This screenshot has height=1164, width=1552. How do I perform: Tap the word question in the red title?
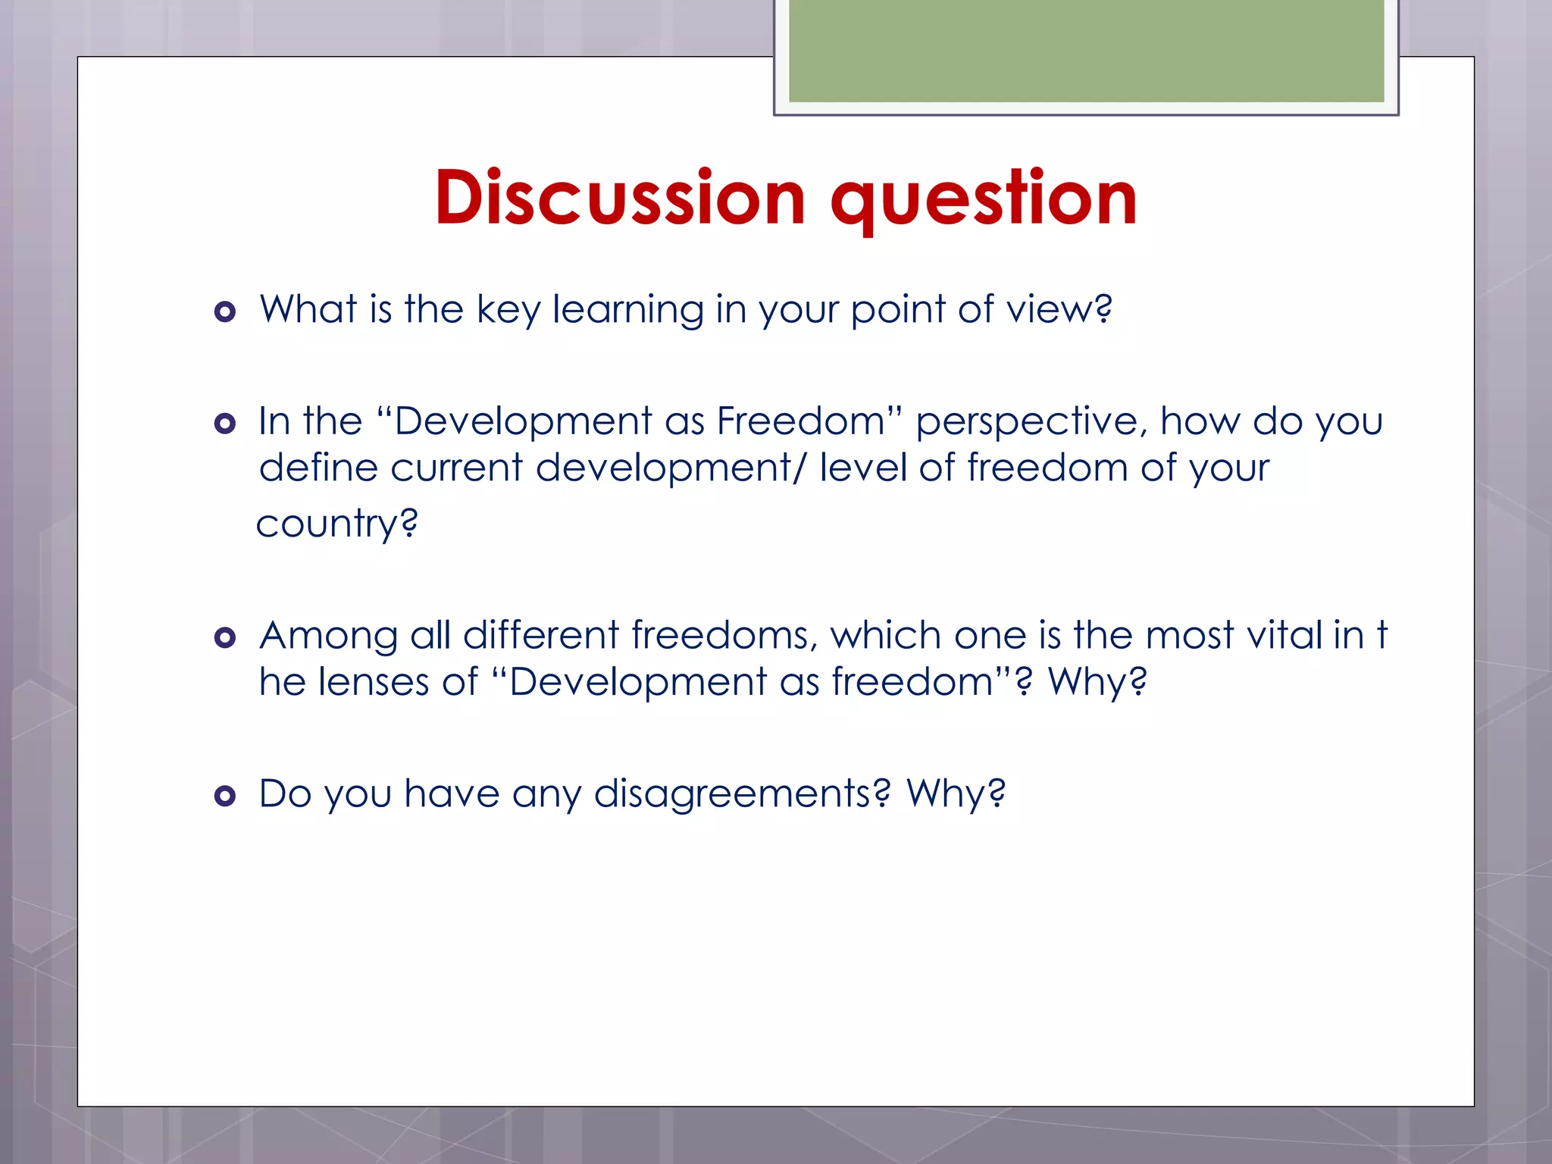(984, 199)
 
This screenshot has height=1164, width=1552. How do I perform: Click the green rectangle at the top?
(1086, 50)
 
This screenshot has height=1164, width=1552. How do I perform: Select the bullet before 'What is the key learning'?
(225, 311)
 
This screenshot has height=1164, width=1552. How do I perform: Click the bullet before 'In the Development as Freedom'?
(225, 423)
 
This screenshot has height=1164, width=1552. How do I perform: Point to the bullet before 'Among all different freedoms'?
(225, 637)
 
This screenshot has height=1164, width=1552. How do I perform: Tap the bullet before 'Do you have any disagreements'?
(225, 796)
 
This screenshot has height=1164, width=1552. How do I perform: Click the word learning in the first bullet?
(628, 310)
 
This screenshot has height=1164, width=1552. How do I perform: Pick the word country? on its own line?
(337, 524)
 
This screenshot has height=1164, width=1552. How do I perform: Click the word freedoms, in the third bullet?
(724, 635)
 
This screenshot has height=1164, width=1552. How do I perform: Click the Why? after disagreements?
(956, 793)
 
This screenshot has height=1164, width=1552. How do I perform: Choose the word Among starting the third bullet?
(328, 636)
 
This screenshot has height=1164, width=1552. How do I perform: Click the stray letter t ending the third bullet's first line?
(1382, 635)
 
